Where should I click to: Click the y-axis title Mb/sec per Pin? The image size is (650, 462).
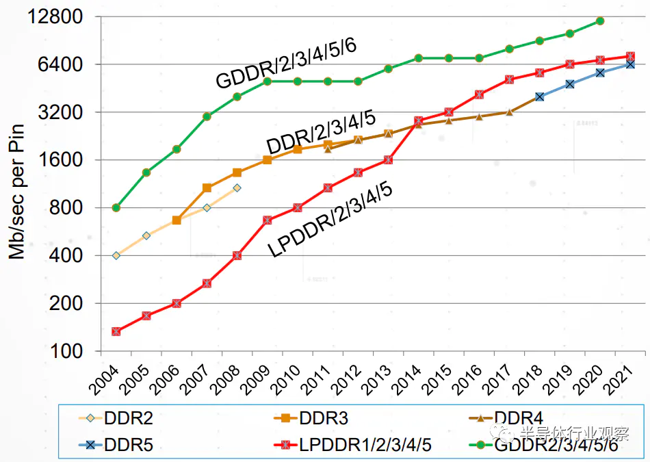pyautogui.click(x=16, y=191)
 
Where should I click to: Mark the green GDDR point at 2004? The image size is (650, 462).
pyautogui.click(x=116, y=207)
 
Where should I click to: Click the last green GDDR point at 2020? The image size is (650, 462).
pyautogui.click(x=599, y=21)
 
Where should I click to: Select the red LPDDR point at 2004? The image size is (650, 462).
pyautogui.click(x=116, y=331)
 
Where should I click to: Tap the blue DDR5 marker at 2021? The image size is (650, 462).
pyautogui.click(x=630, y=64)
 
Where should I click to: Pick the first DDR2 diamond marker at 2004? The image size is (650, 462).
pyautogui.click(x=116, y=255)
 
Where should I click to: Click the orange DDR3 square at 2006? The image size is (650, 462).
pyautogui.click(x=177, y=220)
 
